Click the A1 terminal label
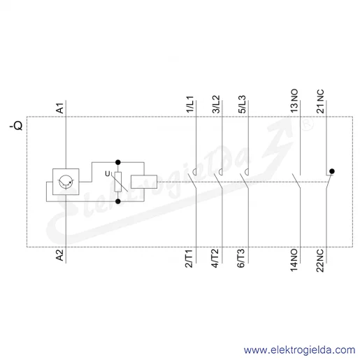(60, 108)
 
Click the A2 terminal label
(60, 255)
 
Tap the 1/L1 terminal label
(190, 104)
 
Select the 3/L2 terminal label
(216, 104)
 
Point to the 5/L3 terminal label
(243, 104)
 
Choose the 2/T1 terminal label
(189, 258)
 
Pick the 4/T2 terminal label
(215, 258)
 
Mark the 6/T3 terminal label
(241, 258)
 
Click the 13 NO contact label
(294, 101)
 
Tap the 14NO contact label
(294, 260)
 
